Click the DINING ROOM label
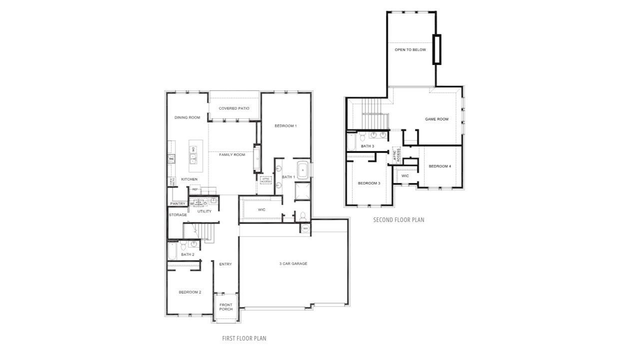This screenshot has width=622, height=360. pos(187,117)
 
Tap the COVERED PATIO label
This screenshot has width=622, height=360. pos(234,108)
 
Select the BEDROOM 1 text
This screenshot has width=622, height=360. pos(285,125)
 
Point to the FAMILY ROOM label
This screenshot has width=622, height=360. pos(232,154)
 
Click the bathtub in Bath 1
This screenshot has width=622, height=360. pos(303,170)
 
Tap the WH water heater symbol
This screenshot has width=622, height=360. pos(305,228)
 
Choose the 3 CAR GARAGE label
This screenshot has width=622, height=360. pos(293,263)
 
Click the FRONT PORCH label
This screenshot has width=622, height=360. pos(226,307)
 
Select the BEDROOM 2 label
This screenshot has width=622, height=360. pos(190,292)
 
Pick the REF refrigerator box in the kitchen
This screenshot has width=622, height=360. pos(195,189)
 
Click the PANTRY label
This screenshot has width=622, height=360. pos(177,203)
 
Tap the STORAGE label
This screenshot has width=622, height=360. pos(177,215)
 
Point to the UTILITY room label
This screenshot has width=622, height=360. pos(204,211)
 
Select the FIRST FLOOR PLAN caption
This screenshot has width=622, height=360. pos(244,338)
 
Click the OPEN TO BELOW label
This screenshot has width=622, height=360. pos(410,50)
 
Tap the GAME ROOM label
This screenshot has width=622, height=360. pos(436,119)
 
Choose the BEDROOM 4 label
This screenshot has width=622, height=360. pos(440,166)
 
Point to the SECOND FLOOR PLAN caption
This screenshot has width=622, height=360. pos(398,219)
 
